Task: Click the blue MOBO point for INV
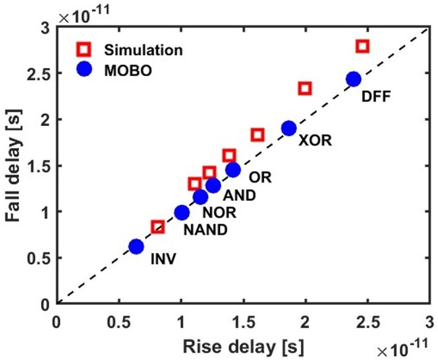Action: pyautogui.click(x=136, y=247)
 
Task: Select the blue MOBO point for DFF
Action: pyautogui.click(x=353, y=79)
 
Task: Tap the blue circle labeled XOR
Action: pyautogui.click(x=289, y=128)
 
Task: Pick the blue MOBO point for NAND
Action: pyautogui.click(x=182, y=213)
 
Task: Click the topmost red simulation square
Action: pyautogui.click(x=363, y=46)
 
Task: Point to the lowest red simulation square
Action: pyautogui.click(x=158, y=227)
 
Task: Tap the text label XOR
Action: pyautogui.click(x=315, y=140)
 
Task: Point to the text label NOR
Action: pyautogui.click(x=220, y=213)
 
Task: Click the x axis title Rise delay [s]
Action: pyautogui.click(x=243, y=346)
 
